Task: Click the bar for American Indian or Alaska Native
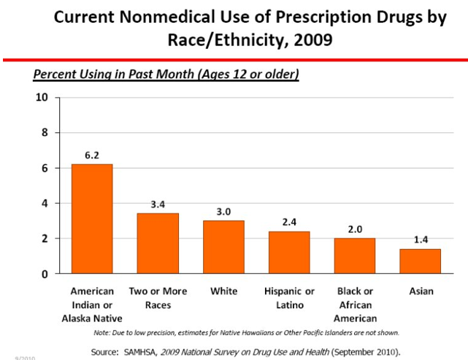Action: [x=91, y=219]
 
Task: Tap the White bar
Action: [x=223, y=247]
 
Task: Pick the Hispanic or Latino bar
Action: [x=289, y=252]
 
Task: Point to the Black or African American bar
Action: [x=355, y=256]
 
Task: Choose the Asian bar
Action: [x=420, y=261]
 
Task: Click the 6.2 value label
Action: [x=92, y=156]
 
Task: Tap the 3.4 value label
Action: [x=158, y=204]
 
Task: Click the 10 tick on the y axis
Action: [x=42, y=98]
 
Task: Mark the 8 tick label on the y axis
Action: [x=45, y=133]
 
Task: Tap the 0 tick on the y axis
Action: [x=45, y=274]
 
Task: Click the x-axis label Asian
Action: [x=421, y=291]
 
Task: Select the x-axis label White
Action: [x=223, y=291]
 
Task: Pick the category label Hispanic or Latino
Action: [x=289, y=298]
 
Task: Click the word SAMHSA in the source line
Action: [x=156, y=351]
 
